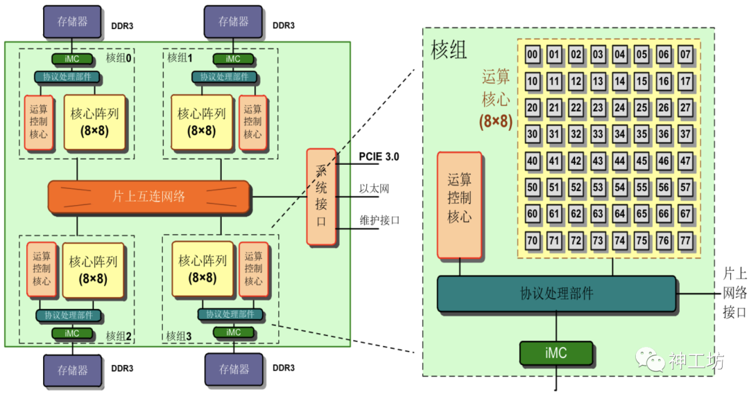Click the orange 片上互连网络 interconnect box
pos(149,196)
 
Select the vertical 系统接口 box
pos(321,197)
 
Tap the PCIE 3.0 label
pos(379,157)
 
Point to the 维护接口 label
pos(379,221)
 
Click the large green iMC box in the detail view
pos(556,353)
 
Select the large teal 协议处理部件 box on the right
pos(556,294)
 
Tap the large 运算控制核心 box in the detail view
pos(459,205)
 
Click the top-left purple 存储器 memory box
pos(72,22)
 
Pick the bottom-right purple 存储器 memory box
pos(233,370)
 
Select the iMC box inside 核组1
pos(233,60)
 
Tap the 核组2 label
pos(119,336)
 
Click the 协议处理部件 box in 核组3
pos(230,314)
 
